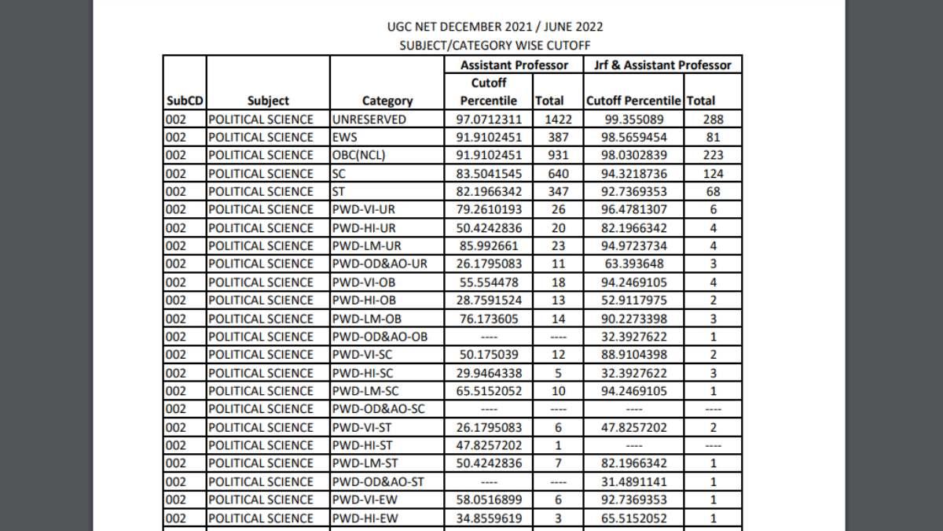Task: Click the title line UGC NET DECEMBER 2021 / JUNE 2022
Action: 495,27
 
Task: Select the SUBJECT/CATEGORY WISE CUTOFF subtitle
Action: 495,46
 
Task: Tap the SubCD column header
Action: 184,101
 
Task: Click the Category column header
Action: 387,101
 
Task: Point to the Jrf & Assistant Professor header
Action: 662,65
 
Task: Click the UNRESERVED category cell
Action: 369,120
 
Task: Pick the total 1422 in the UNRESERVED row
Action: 549,120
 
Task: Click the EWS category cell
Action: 345,137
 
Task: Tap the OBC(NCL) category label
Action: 359,155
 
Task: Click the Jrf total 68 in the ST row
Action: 714,191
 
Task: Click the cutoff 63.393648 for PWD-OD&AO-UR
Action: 634,264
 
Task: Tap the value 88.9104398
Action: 634,355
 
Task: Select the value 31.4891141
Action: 634,481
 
